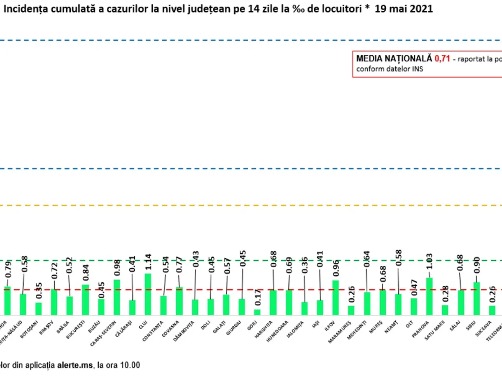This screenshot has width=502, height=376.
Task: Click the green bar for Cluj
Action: pyautogui.click(x=148, y=294)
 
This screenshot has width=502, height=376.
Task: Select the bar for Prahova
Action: pyautogui.click(x=429, y=296)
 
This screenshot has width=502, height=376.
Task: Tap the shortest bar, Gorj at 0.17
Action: pyautogui.click(x=257, y=312)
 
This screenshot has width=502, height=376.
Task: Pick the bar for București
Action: pyautogui.click(x=85, y=300)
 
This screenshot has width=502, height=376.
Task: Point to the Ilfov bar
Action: pyautogui.click(x=336, y=297)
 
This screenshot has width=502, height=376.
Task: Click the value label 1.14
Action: pyautogui.click(x=148, y=263)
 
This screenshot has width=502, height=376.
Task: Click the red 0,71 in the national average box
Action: pyautogui.click(x=442, y=59)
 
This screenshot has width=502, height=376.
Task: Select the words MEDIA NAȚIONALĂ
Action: pyautogui.click(x=394, y=59)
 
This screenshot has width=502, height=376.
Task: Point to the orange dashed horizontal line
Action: pyautogui.click(x=251, y=205)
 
